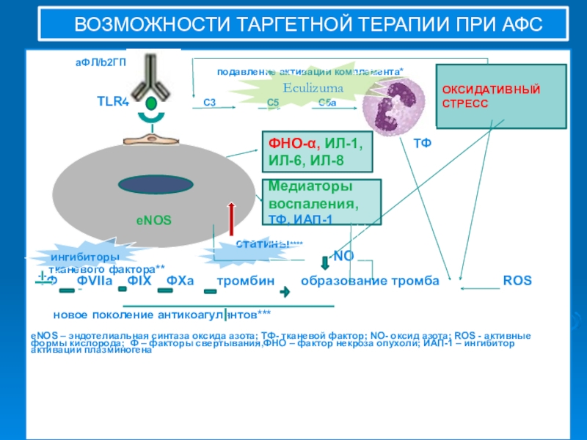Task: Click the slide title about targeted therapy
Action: coord(307,26)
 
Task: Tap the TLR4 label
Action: coord(113,101)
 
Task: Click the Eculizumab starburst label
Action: coord(313,87)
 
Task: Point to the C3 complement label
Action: coord(208,103)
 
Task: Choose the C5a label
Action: coord(327,103)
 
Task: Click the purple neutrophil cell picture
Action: coord(395,103)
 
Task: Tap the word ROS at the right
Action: coord(517,281)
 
